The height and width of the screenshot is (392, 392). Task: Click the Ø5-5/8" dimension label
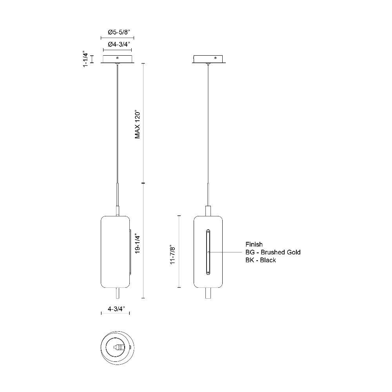[119, 32]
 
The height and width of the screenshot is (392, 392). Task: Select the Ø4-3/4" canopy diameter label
[119, 45]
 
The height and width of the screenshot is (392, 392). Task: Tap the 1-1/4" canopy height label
[86, 59]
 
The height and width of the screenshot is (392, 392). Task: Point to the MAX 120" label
[138, 124]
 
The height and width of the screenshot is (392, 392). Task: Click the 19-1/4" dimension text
[138, 244]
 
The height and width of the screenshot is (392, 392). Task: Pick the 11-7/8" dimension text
[172, 254]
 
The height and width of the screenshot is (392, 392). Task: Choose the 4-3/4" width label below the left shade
[116, 309]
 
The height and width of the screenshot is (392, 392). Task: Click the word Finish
[254, 244]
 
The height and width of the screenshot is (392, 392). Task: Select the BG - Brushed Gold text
[273, 252]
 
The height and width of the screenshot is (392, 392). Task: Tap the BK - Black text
[261, 260]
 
